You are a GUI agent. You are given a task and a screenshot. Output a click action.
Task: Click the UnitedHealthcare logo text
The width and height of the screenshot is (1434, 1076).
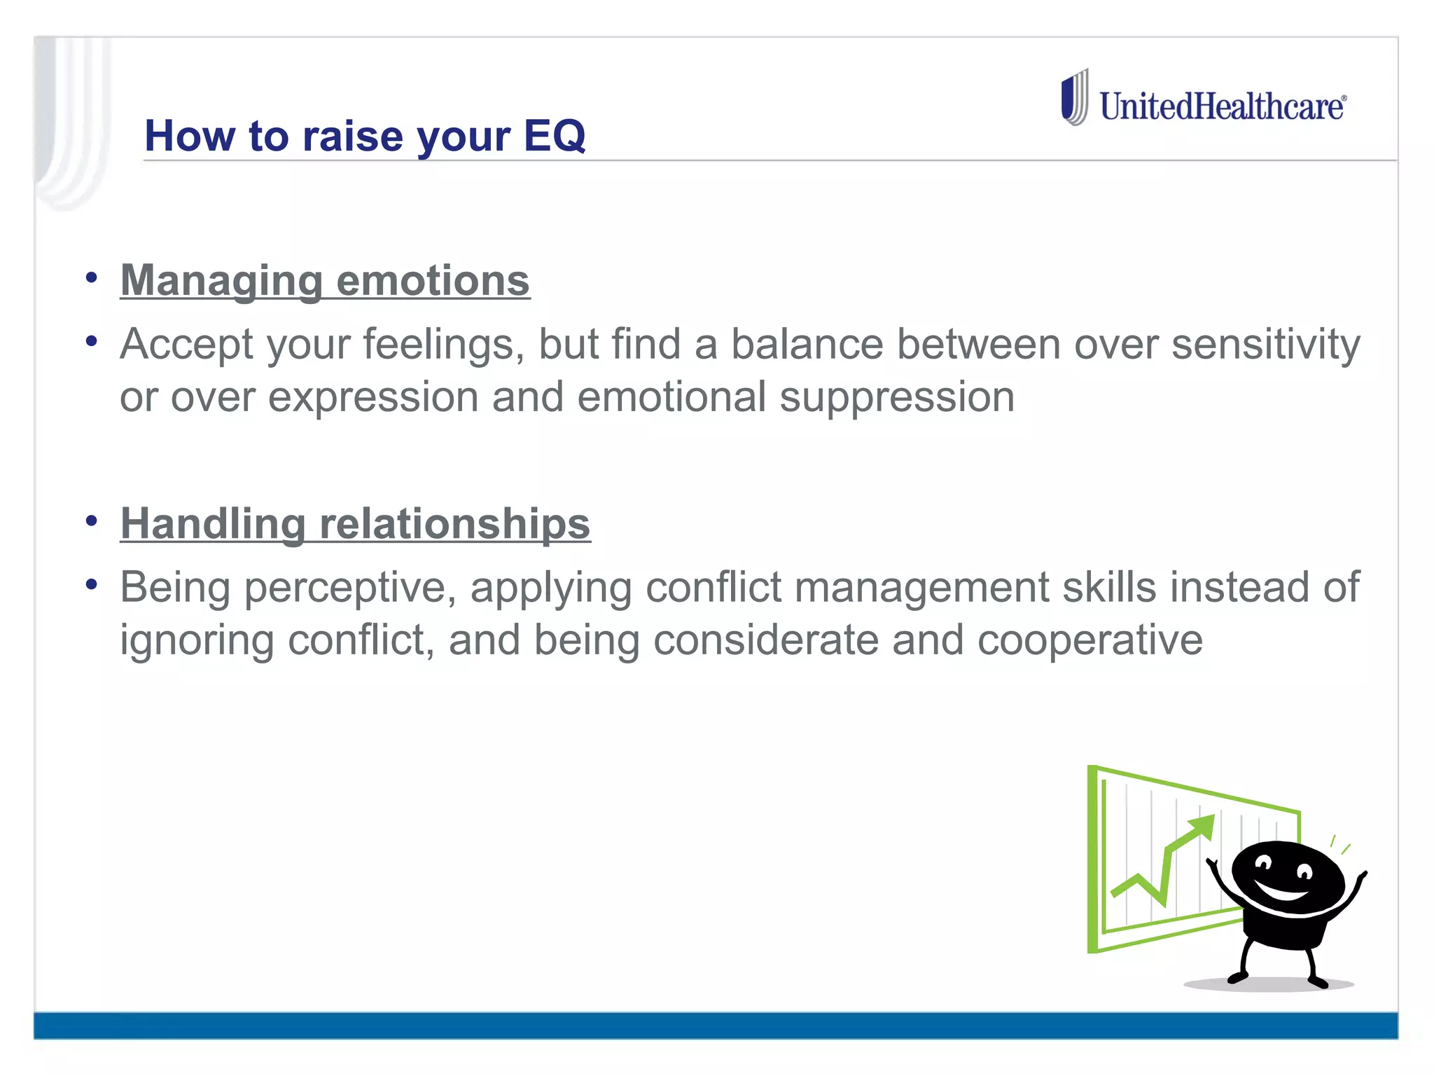click(x=1221, y=106)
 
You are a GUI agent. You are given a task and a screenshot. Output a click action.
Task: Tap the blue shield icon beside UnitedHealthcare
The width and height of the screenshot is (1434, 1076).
click(x=1073, y=98)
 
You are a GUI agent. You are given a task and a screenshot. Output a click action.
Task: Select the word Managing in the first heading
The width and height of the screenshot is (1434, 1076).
click(x=221, y=280)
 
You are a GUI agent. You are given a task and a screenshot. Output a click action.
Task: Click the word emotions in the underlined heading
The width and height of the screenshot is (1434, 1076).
click(x=433, y=280)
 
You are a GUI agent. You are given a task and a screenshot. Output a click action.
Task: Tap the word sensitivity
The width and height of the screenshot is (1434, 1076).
click(x=1265, y=345)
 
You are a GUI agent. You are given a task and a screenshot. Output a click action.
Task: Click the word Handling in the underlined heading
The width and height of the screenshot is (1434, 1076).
click(x=213, y=523)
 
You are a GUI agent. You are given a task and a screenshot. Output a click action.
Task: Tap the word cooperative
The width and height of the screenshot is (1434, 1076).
click(x=1090, y=640)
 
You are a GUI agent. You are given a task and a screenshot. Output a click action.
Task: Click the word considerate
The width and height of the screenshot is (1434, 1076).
click(x=765, y=640)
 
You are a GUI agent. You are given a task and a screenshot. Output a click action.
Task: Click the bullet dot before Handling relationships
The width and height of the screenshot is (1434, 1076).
click(x=91, y=521)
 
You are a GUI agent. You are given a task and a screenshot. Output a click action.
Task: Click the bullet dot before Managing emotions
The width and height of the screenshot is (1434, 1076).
click(x=91, y=278)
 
